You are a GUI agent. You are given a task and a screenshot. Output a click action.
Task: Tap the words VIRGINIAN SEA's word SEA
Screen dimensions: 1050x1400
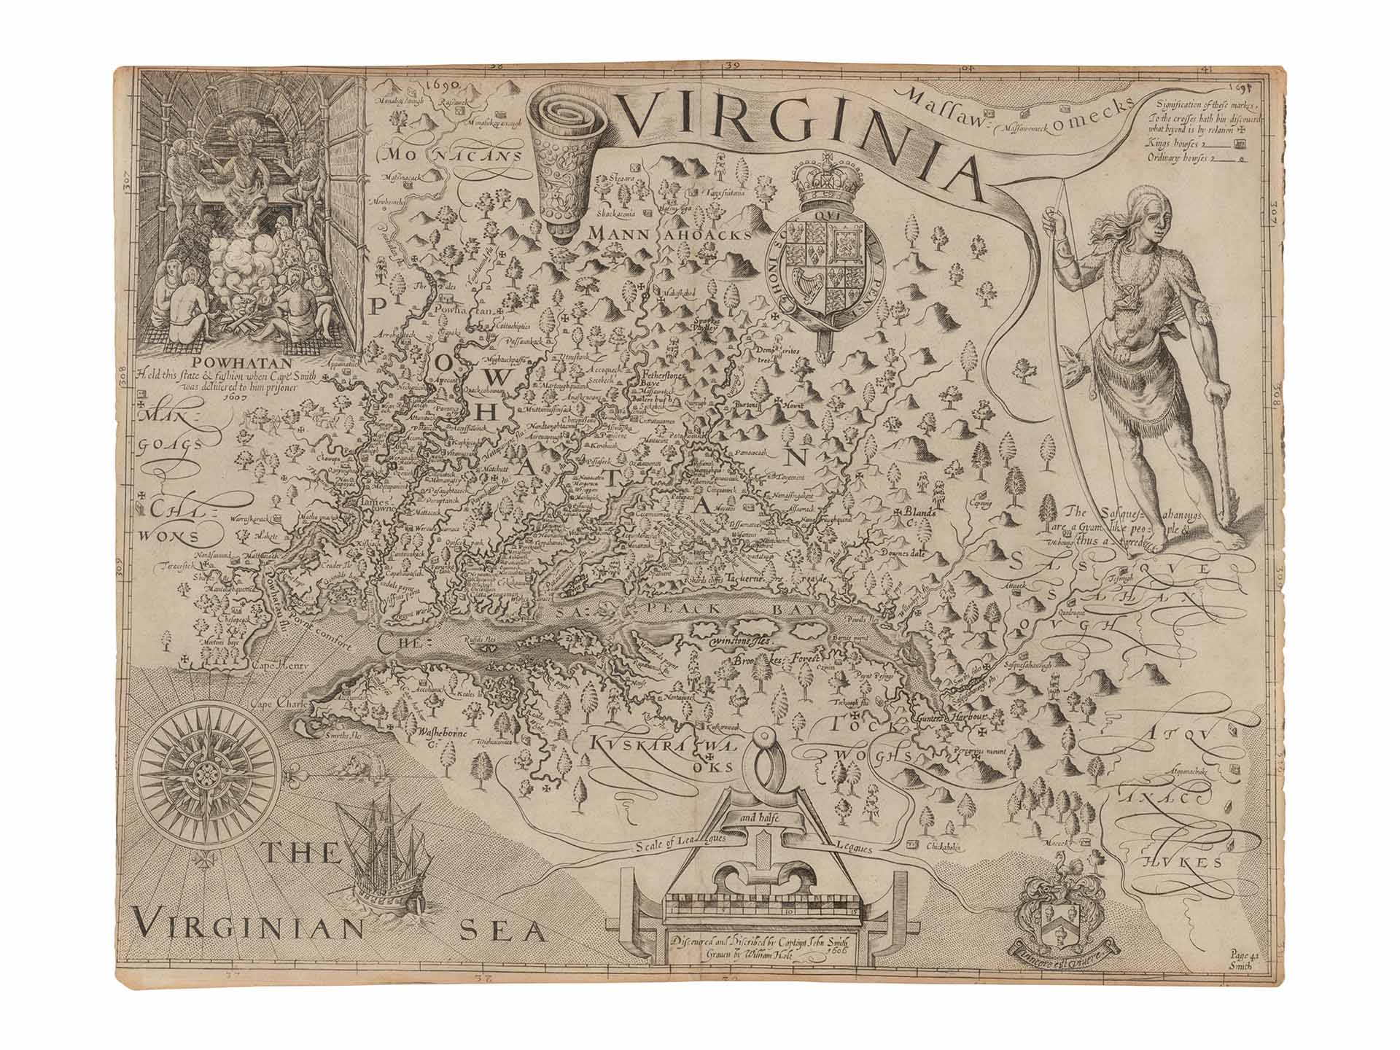pyautogui.click(x=503, y=930)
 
